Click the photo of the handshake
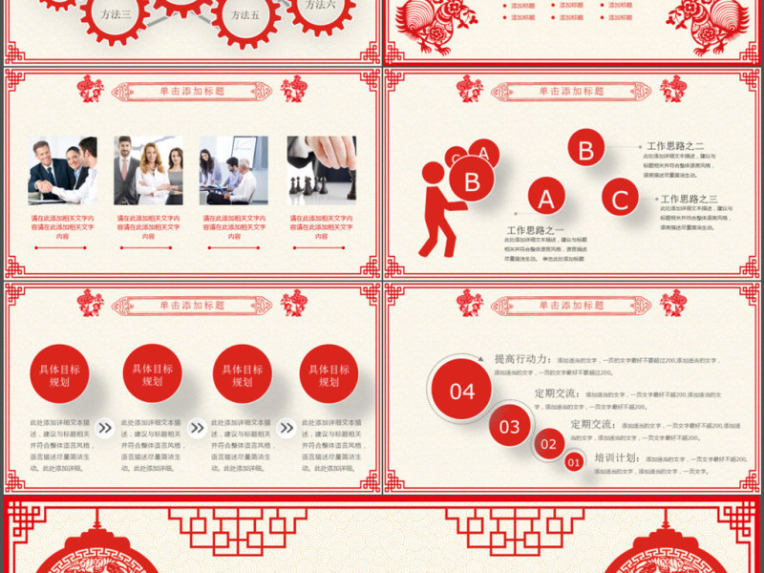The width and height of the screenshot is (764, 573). (x=62, y=170)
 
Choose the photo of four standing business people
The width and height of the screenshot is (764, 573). (x=148, y=170)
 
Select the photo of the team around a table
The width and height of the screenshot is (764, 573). (x=234, y=170)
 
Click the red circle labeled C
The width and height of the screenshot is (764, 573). (x=621, y=201)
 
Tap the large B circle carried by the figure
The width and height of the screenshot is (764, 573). (x=471, y=181)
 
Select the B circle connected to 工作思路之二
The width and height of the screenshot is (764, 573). (x=585, y=149)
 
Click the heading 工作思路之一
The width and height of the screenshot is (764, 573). (x=536, y=230)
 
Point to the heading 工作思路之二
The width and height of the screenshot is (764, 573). (x=675, y=146)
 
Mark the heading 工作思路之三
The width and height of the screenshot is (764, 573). (x=689, y=199)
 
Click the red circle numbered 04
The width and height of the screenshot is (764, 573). (x=462, y=392)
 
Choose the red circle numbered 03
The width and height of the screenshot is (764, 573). (x=510, y=426)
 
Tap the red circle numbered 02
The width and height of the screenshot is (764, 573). (x=548, y=444)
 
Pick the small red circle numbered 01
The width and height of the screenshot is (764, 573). (x=574, y=462)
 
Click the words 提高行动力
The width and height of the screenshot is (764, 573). (x=521, y=359)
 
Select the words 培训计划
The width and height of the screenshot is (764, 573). (x=616, y=458)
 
